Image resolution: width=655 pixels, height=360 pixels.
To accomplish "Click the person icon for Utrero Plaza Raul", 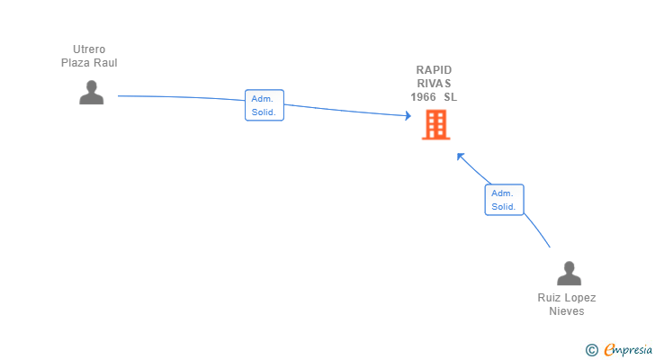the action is click(92, 93).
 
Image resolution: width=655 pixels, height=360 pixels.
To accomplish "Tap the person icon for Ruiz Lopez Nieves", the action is click(569, 274).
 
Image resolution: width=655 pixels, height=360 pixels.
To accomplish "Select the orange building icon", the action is click(436, 124).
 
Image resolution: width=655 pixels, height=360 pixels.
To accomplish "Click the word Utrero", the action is click(89, 49).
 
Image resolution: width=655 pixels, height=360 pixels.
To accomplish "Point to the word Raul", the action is click(104, 63).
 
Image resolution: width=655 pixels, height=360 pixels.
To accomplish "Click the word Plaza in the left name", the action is click(76, 63).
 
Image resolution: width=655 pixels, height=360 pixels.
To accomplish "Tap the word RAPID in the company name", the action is click(434, 69).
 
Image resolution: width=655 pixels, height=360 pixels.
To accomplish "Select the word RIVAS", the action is click(434, 84).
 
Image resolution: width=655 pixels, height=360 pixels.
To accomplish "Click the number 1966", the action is click(423, 97).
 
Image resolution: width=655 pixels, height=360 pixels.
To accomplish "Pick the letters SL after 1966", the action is click(450, 97).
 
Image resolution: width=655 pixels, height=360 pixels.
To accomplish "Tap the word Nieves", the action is click(567, 311).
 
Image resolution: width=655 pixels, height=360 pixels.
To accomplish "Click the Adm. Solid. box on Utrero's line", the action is click(265, 105).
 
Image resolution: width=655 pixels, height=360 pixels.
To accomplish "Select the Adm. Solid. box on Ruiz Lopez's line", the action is click(504, 200).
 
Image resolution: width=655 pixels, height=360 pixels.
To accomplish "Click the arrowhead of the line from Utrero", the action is click(408, 116).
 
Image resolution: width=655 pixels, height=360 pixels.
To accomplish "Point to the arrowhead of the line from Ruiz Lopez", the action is click(461, 157).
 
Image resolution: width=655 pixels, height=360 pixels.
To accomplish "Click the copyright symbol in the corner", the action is click(591, 350).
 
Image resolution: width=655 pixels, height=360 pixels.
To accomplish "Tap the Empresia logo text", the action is click(628, 350).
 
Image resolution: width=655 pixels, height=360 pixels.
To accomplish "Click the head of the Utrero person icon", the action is click(92, 86).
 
